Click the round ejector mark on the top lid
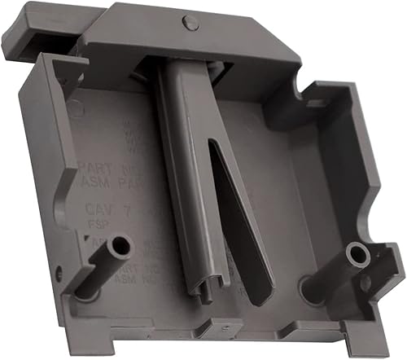coord(189,22)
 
